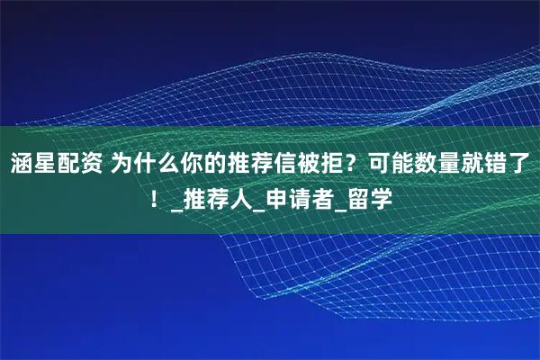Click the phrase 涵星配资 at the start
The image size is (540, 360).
coord(56,164)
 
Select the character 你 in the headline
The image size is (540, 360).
coord(193,164)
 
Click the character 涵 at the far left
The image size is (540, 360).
coord(22,164)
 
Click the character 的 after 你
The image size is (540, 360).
coord(215,164)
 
